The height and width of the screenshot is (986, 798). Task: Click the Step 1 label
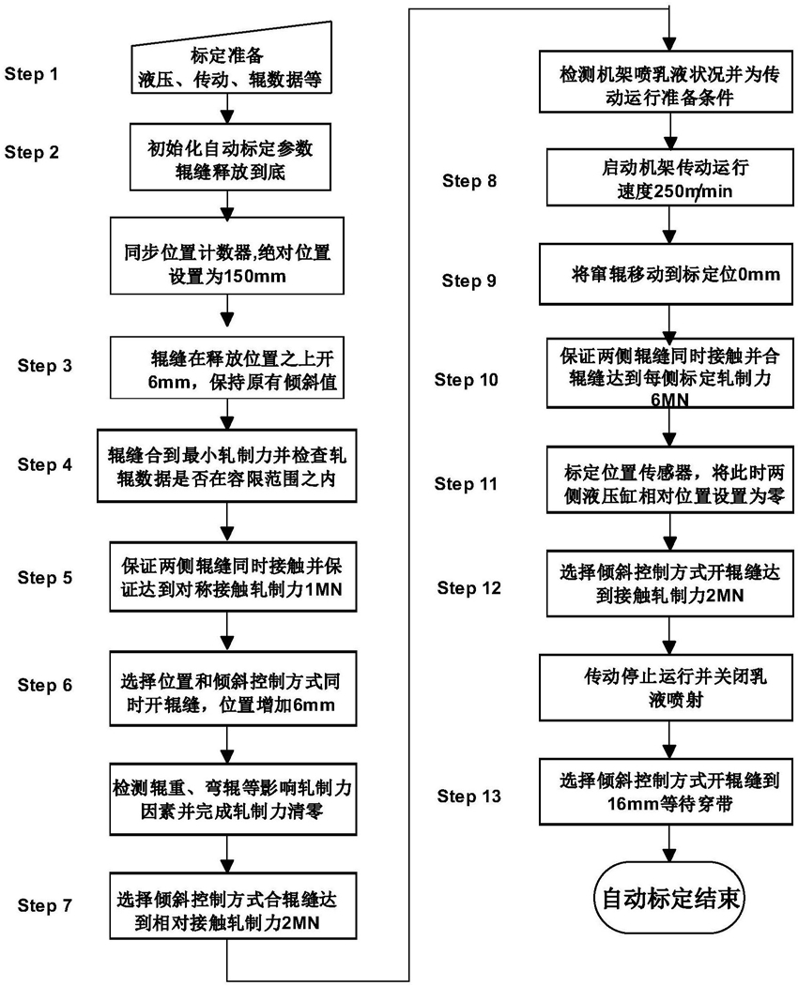coord(32,74)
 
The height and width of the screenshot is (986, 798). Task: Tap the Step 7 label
coord(45,905)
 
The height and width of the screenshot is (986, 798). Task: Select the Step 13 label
coord(468,796)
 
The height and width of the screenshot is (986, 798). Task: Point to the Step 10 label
coord(466,380)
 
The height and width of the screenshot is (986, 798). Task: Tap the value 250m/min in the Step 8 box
coord(694,191)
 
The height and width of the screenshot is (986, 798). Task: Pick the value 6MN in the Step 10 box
coord(669,400)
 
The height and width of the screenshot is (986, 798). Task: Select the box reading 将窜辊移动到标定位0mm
coord(666,275)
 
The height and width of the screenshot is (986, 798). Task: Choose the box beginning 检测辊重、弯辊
coord(233,799)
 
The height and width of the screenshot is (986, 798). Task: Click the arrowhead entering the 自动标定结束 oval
coord(669,856)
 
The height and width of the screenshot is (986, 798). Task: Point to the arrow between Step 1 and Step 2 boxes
coord(227,108)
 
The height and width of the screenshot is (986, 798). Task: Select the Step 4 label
coord(45,464)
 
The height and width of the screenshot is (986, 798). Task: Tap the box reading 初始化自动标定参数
coord(230,157)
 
